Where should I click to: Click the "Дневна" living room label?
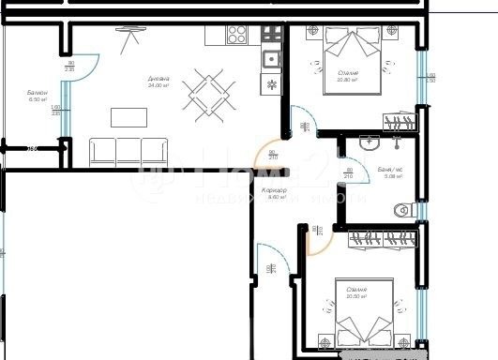click(157, 78)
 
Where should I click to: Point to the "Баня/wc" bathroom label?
click(389, 169)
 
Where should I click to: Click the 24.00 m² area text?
click(157, 85)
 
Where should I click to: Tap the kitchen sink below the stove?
click(272, 58)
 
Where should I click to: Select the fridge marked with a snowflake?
click(272, 83)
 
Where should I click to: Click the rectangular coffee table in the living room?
click(128, 116)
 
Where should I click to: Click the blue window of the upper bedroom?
click(421, 80)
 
